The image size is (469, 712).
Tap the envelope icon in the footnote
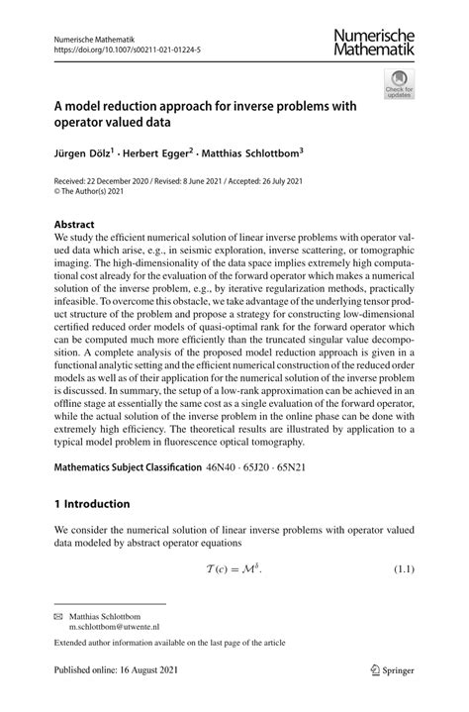click(x=58, y=615)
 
